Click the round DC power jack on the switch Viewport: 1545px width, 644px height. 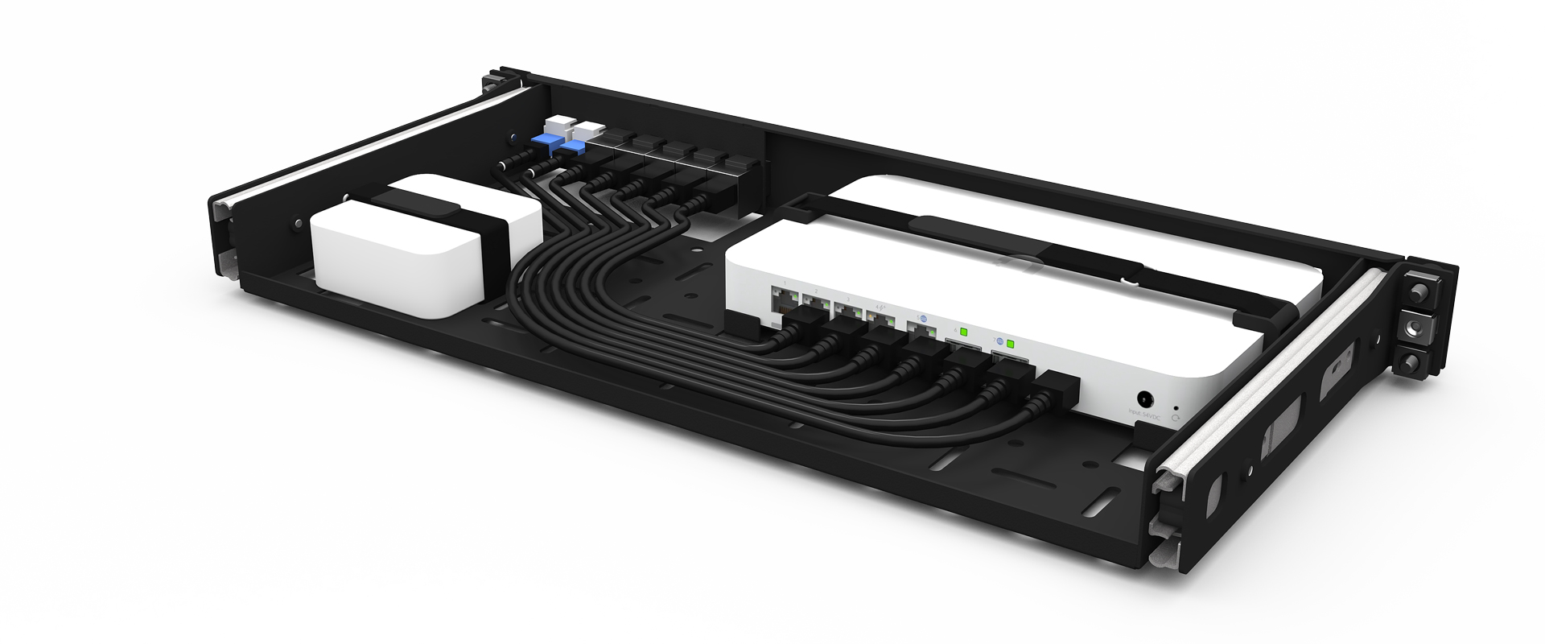pyautogui.click(x=1144, y=398)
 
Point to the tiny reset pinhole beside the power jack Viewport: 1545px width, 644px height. pyautogui.click(x=1177, y=408)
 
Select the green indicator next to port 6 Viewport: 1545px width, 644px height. pyautogui.click(x=964, y=332)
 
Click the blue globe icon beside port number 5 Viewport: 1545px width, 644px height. pyautogui.click(x=921, y=319)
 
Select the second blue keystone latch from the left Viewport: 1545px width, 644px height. pyautogui.click(x=574, y=149)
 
